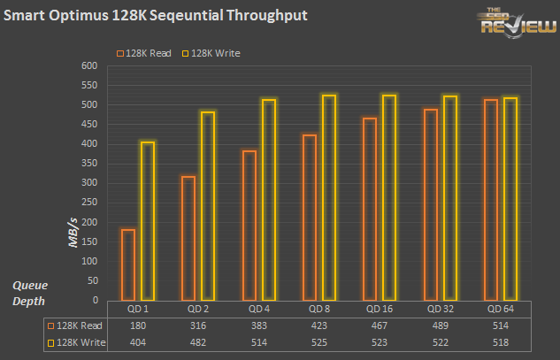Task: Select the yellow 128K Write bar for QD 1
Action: pyautogui.click(x=148, y=221)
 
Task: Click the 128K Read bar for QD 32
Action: pyautogui.click(x=430, y=204)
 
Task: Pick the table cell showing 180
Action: pyautogui.click(x=137, y=326)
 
